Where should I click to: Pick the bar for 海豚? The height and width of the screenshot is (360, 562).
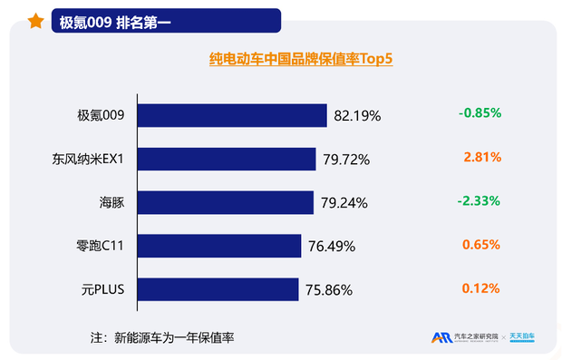tap(225, 202)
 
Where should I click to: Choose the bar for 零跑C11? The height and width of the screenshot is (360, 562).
tap(218, 246)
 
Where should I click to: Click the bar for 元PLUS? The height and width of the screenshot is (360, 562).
tap(217, 289)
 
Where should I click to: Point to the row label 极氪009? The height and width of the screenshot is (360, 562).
tap(106, 115)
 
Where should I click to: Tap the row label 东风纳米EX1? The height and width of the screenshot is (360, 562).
tap(93, 159)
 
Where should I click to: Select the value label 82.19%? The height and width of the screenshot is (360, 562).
tap(357, 116)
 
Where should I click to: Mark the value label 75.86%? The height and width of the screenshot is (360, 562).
tap(329, 290)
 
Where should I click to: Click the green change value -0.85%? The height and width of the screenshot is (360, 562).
tap(480, 113)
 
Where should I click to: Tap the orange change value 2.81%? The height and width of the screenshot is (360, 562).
tap(482, 157)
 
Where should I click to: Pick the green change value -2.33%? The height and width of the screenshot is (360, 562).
tap(480, 200)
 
